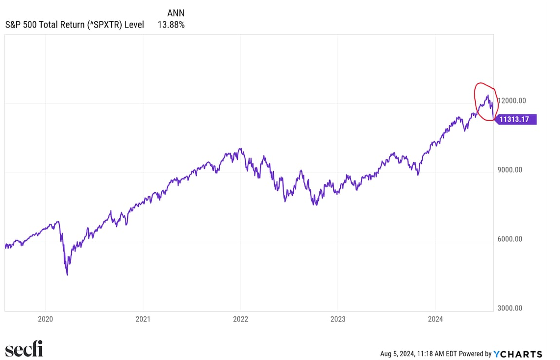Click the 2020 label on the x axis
pyautogui.click(x=45, y=319)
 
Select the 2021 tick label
pyautogui.click(x=143, y=319)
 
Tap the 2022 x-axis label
pyautogui.click(x=240, y=319)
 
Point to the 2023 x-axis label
pyautogui.click(x=338, y=319)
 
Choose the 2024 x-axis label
pyautogui.click(x=435, y=319)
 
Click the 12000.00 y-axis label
pyautogui.click(x=512, y=101)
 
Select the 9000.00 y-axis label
pyautogui.click(x=510, y=170)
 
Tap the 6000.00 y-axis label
pyautogui.click(x=510, y=239)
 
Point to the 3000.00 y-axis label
pyautogui.click(x=510, y=309)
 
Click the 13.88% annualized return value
pyautogui.click(x=171, y=25)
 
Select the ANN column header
pyautogui.click(x=176, y=13)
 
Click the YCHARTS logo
pyautogui.click(x=518, y=354)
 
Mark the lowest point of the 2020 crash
pyautogui.click(x=67, y=275)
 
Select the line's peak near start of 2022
pyautogui.click(x=240, y=149)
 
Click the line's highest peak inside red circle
pyautogui.click(x=487, y=95)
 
